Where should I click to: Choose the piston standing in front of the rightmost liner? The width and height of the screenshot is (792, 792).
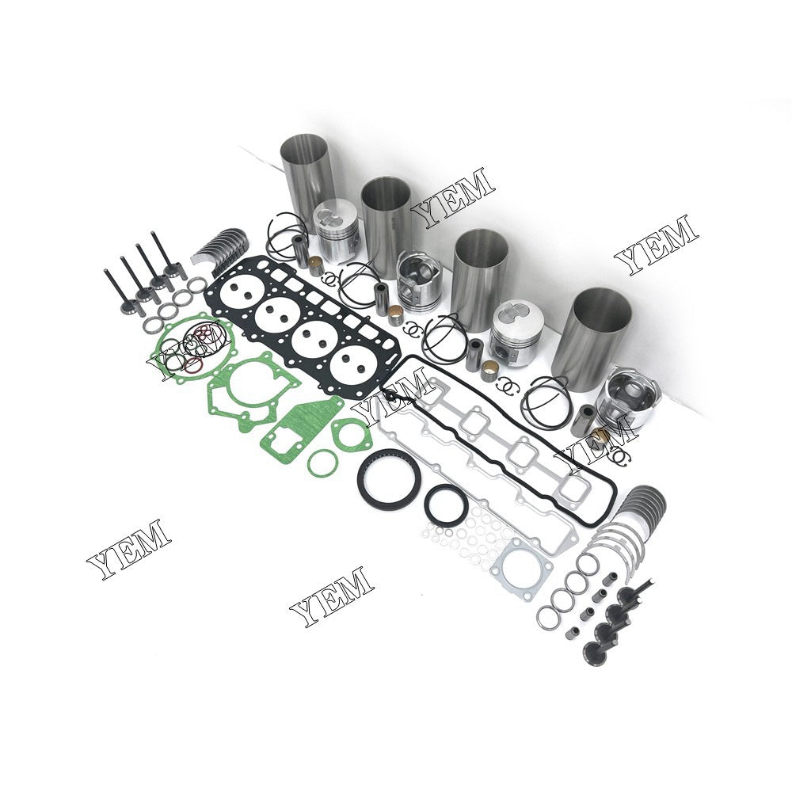[x=625, y=404]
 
